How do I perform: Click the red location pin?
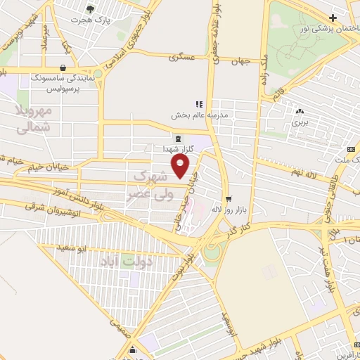pos(181,166)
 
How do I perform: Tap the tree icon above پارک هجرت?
pos(90,8)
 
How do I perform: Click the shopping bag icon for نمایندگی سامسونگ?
pos(64,68)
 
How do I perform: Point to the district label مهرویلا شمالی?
pos(33,120)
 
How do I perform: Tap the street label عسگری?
pos(181,58)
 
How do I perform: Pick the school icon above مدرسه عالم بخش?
pos(199,103)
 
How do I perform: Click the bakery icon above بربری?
pos(300,110)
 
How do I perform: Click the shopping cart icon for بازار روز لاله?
pos(227,198)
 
